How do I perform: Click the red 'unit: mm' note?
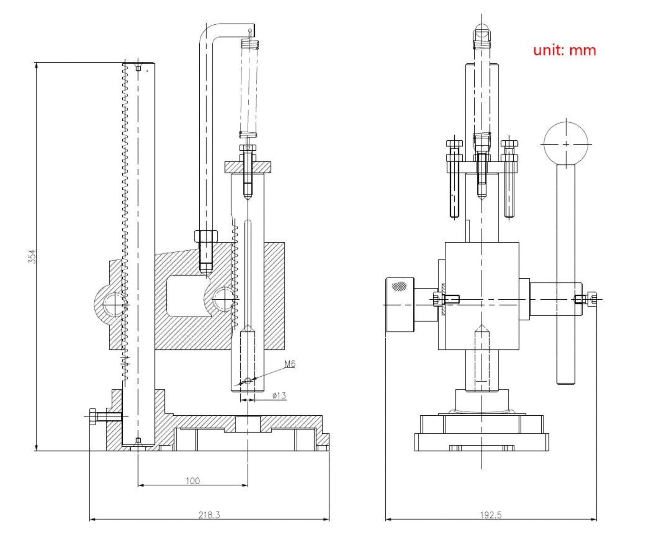point(564,50)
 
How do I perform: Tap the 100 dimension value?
point(192,481)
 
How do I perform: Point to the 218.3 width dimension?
point(209,515)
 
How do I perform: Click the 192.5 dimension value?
point(491,515)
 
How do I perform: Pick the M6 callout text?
point(290,363)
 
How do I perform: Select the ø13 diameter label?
point(279,395)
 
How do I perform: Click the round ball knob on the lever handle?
point(566,143)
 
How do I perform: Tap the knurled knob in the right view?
point(400,305)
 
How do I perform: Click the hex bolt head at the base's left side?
point(92,417)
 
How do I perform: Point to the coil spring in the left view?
point(249,88)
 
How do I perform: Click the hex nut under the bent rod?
point(206,236)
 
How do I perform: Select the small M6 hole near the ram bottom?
point(247,381)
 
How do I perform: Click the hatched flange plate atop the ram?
point(247,167)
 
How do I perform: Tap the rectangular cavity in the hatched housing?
point(187,296)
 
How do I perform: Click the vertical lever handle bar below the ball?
point(566,274)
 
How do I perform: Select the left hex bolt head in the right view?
point(454,143)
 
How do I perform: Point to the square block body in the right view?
point(482,296)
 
